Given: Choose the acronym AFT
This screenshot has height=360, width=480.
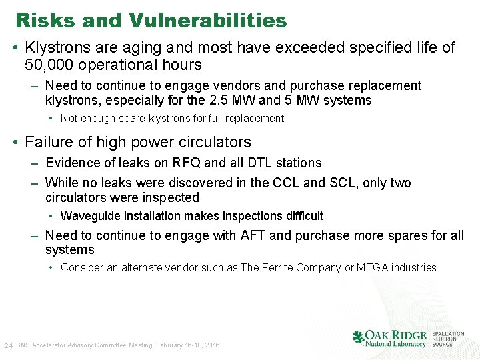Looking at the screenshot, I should click(x=251, y=235).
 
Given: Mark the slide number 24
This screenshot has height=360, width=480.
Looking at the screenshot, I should click(x=8, y=346).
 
